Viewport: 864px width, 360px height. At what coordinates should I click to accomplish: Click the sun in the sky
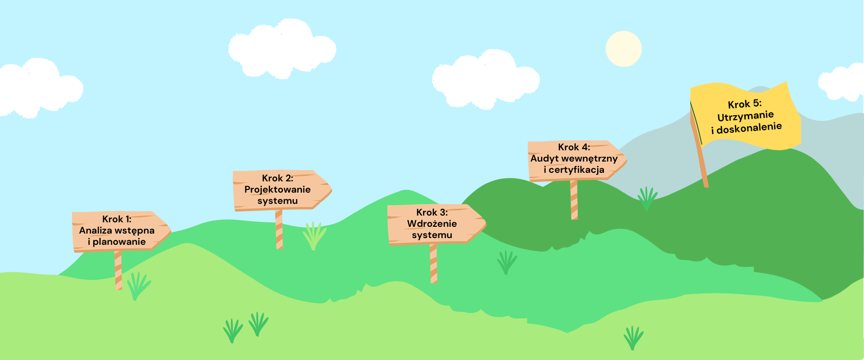point(623,49)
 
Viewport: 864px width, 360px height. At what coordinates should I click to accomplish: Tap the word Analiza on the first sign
point(94,230)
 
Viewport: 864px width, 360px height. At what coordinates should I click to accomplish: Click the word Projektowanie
point(277,189)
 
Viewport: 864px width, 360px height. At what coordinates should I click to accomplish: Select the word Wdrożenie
point(432,224)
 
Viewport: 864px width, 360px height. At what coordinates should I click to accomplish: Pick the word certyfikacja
point(576,170)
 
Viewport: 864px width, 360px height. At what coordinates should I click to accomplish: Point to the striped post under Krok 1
point(118,270)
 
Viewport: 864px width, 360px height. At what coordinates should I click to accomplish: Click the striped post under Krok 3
point(433,264)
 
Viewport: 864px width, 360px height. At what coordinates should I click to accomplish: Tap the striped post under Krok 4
point(574,200)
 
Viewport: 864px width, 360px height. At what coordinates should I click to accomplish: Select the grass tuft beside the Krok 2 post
point(314,235)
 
